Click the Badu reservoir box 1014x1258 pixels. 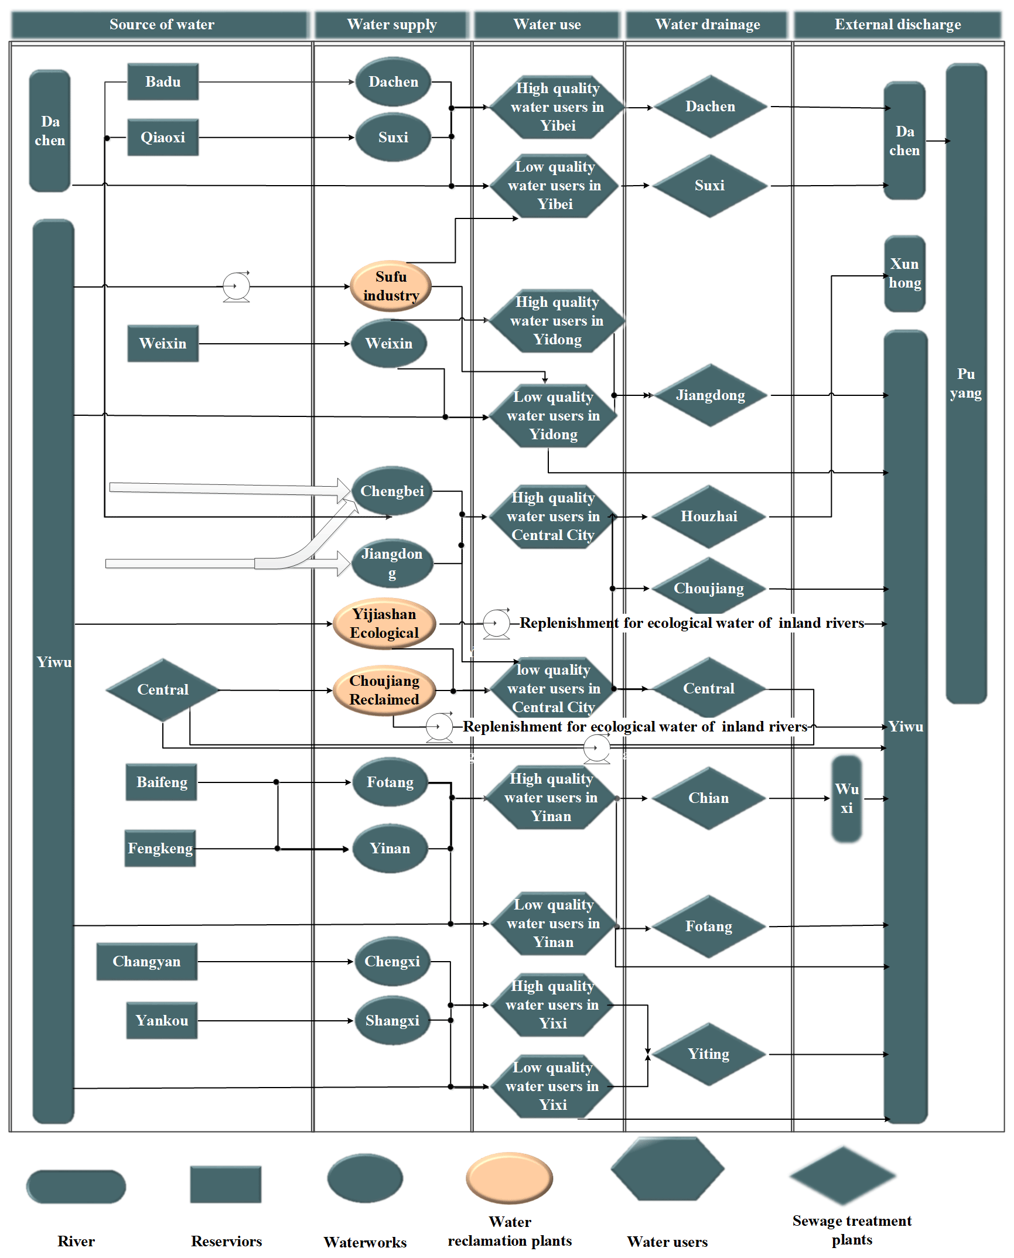coord(163,82)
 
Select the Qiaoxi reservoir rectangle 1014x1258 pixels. coord(163,138)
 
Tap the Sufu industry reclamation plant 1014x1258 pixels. coord(391,286)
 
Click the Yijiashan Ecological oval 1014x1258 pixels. coord(384,624)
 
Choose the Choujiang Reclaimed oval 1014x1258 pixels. coord(384,690)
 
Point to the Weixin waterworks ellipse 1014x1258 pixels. coord(389,344)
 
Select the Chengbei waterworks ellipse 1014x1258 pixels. coord(392,491)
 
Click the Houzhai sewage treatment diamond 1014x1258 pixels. coord(709,517)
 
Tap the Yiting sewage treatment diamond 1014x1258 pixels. coord(709,1054)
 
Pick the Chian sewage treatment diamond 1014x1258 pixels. coord(709,798)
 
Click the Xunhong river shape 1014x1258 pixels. coord(905,274)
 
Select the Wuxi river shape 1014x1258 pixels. coord(847,799)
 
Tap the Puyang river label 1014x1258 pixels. coord(966,384)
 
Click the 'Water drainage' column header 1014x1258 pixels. coord(708,25)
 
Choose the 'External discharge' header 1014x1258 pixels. coord(897,25)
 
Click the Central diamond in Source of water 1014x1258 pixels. coord(163,690)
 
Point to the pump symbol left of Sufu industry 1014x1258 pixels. coord(236,287)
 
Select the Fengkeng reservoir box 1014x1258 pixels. coord(161,849)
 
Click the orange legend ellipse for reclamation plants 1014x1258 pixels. coord(510,1178)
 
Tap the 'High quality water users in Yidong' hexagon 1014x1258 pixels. coord(557,321)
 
